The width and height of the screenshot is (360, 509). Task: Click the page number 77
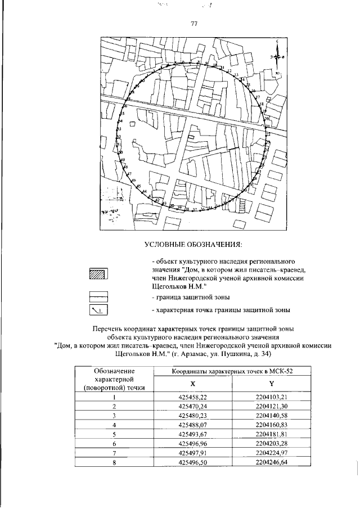(x=193, y=23)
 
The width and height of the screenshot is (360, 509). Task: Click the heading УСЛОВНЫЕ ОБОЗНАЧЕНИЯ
(x=193, y=244)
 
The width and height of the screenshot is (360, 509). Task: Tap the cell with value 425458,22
(x=192, y=397)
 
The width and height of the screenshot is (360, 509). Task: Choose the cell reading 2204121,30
(x=271, y=406)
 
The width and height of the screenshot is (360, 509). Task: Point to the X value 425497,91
(x=192, y=453)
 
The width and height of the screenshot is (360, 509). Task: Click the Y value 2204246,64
(x=271, y=462)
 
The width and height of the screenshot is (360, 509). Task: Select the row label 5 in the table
(x=114, y=434)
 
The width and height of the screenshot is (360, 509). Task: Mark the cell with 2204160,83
(x=271, y=425)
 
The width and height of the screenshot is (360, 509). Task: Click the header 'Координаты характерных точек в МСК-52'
(x=232, y=371)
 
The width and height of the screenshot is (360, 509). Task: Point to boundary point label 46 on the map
(x=134, y=181)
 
